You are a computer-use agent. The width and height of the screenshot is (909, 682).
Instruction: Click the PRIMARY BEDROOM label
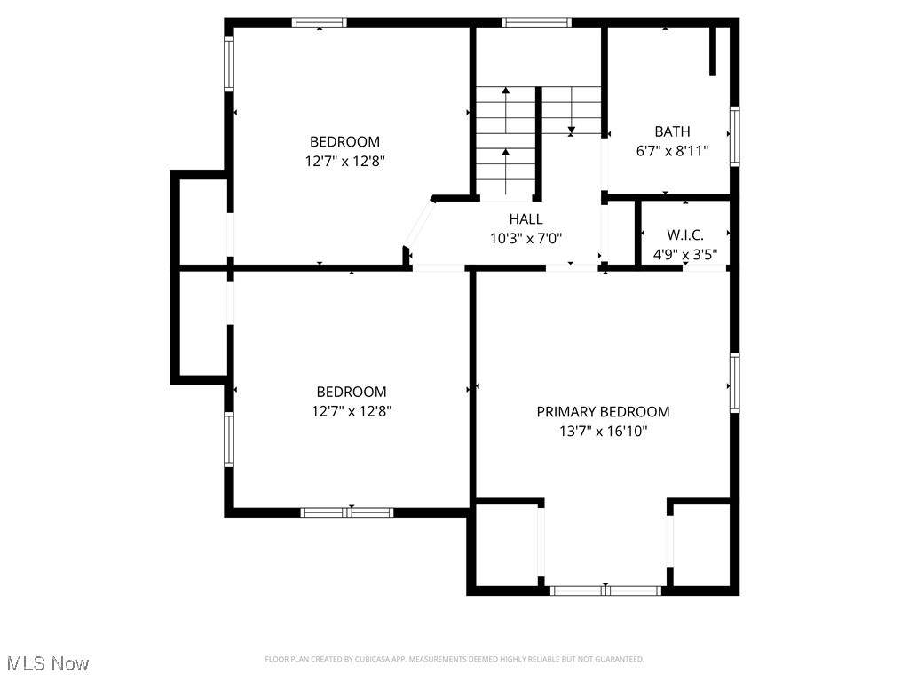tap(603, 411)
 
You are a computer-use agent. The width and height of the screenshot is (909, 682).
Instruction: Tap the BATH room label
tap(672, 131)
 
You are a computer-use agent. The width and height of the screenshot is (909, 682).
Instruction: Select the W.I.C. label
tap(685, 235)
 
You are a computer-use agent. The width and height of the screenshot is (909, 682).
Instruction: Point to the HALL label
tap(526, 218)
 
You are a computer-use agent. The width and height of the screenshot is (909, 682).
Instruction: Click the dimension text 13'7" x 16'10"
tap(603, 432)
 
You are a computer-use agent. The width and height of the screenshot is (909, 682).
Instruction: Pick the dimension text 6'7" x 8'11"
tap(672, 151)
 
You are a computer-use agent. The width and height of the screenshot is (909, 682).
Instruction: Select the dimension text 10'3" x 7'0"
tap(526, 238)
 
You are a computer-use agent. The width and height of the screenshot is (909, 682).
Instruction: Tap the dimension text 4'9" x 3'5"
tap(685, 254)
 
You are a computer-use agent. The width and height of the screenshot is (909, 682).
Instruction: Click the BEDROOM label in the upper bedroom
tap(344, 141)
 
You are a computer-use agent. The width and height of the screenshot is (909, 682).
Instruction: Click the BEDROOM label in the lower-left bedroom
tap(352, 392)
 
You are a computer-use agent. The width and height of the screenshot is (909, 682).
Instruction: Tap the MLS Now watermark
tap(48, 663)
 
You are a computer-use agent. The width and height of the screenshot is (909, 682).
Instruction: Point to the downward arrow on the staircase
tap(571, 130)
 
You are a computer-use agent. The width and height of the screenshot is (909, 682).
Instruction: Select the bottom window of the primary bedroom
tap(605, 590)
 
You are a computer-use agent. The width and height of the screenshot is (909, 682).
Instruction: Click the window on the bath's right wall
tap(734, 136)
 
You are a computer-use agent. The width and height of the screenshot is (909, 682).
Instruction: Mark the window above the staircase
tap(536, 22)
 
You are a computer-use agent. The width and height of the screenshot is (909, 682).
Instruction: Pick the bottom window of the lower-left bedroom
tap(347, 511)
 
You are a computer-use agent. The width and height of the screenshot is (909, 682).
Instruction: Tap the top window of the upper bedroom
tap(320, 22)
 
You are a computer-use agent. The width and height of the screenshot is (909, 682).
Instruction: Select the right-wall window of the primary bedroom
tap(734, 383)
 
